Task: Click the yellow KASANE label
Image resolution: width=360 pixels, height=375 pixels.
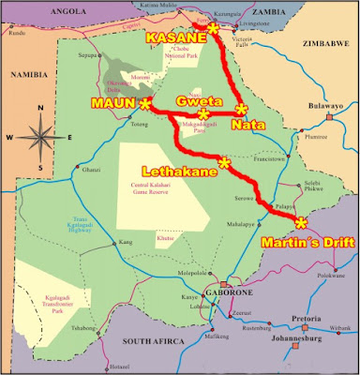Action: (x=173, y=38)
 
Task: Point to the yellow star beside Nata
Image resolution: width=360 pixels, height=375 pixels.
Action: (x=242, y=108)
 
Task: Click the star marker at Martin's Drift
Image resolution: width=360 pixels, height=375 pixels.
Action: (x=300, y=222)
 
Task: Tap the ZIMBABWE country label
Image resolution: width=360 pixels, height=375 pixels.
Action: (x=324, y=43)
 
